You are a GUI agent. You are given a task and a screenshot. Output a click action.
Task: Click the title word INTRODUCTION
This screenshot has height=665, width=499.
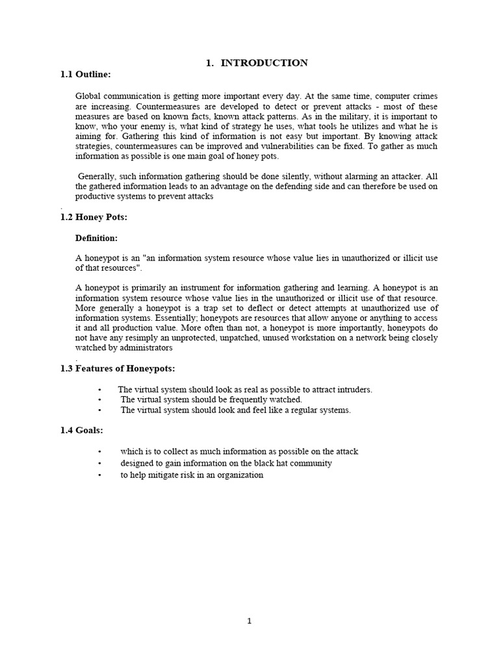pos(264,63)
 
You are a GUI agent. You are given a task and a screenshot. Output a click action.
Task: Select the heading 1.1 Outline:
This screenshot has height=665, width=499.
pos(85,75)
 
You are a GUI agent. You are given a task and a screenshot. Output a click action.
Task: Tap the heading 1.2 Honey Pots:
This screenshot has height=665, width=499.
pos(94,218)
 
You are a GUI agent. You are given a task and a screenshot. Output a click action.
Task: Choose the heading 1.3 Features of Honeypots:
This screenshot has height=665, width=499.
pos(118,369)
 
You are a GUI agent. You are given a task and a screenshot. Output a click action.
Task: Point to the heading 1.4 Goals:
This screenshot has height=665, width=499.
pos(82,430)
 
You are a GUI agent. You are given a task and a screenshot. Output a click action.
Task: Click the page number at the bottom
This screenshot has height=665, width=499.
pos(249,621)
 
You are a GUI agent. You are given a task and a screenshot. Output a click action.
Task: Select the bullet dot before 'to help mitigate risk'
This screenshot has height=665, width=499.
pos(99,475)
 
